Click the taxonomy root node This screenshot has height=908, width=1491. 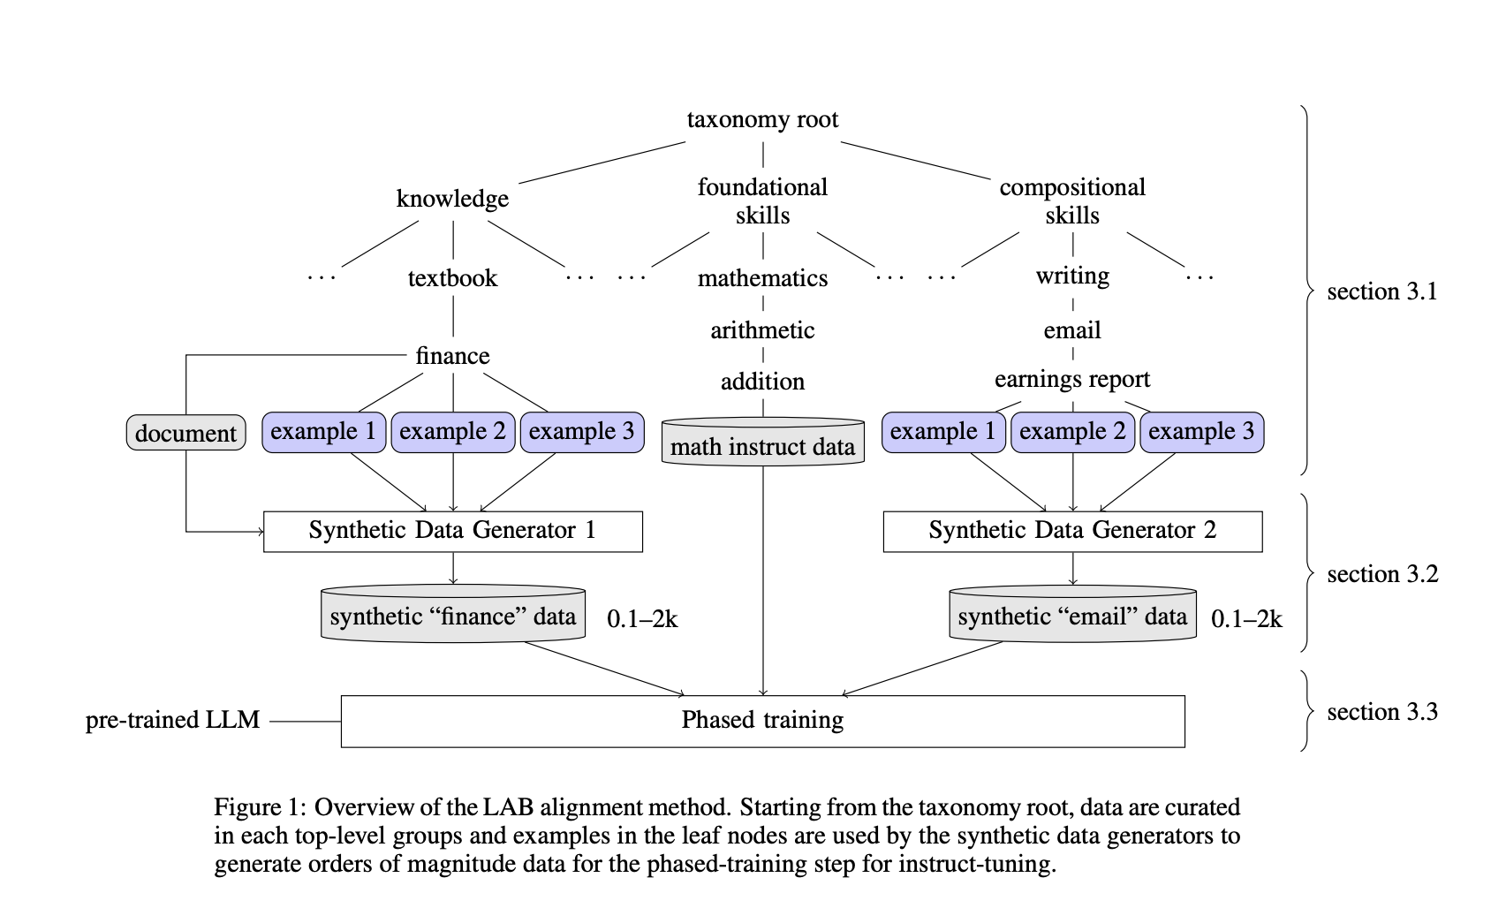tap(762, 119)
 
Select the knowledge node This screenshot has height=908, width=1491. tap(452, 199)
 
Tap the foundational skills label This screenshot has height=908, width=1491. tap(762, 201)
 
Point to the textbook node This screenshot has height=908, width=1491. tap(452, 278)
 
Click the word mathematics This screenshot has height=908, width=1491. tap(762, 278)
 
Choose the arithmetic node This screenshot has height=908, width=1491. tap(762, 330)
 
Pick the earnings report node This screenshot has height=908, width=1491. tap(1071, 379)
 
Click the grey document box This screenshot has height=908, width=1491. tap(185, 433)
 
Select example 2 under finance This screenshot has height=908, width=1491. tap(452, 432)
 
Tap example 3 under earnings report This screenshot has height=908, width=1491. tap(1201, 432)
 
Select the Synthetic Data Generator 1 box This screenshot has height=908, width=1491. tap(452, 531)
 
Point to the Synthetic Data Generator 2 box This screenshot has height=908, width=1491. tap(1072, 531)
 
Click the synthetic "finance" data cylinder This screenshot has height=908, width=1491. tap(452, 616)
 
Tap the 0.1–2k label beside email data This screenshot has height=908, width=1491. tap(1246, 619)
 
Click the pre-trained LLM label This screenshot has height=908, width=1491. tap(173, 721)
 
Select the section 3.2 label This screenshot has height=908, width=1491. tap(1382, 575)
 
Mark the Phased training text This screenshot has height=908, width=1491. tap(762, 721)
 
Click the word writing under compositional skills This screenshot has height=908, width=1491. tap(1072, 276)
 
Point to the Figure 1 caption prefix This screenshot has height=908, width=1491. tap(260, 807)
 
